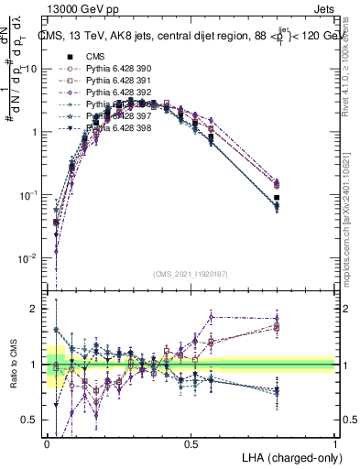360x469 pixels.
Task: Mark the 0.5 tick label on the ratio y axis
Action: click(30, 420)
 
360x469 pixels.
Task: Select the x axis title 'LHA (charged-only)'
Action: click(290, 457)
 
